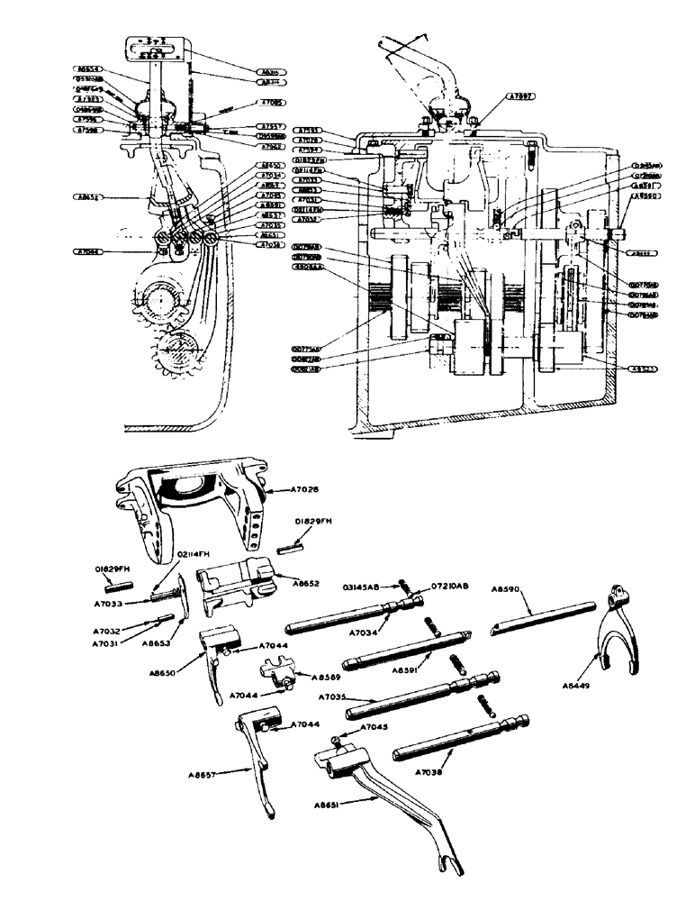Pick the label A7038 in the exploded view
tap(435, 772)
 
